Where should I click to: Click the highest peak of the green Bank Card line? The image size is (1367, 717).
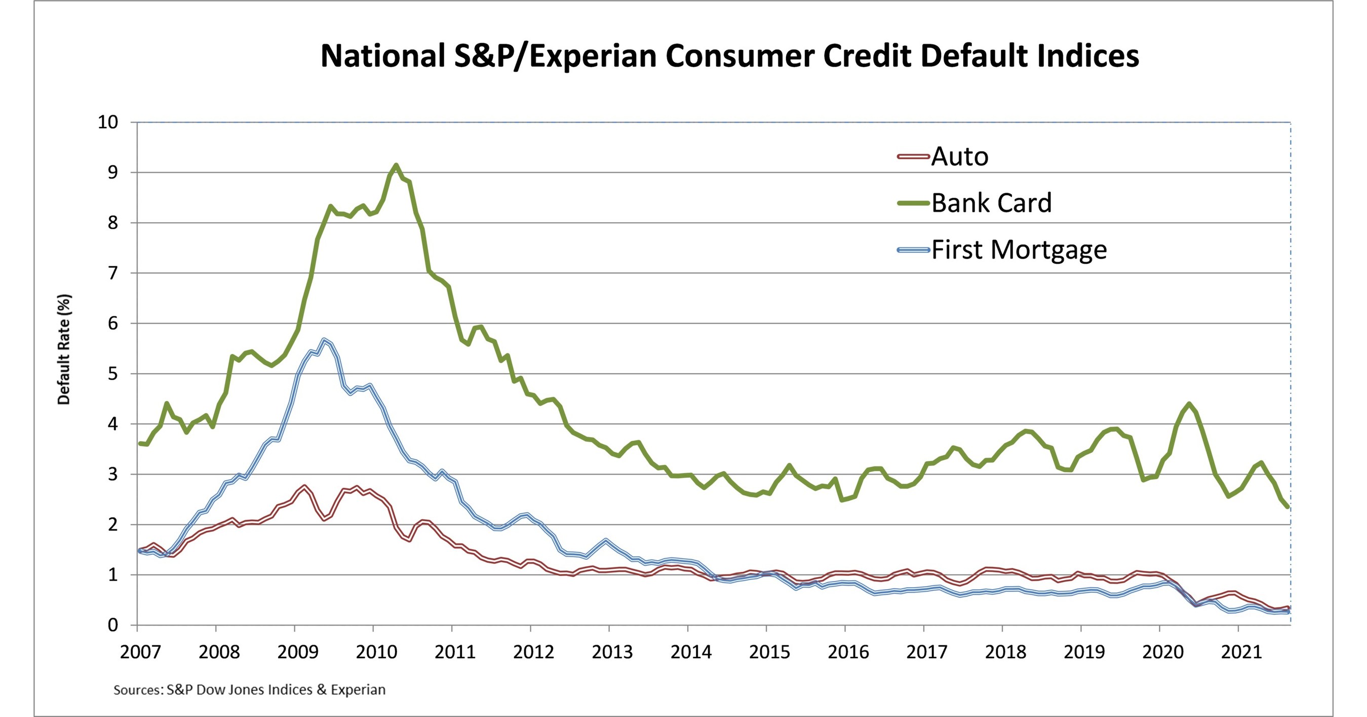tap(396, 165)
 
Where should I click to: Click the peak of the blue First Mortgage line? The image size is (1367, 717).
tap(324, 340)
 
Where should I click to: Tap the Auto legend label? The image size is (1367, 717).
tap(959, 157)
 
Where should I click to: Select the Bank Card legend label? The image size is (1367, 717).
tap(991, 203)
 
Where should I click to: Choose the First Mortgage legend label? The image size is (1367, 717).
tap(1019, 249)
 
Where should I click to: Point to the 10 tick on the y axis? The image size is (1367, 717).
tap(108, 123)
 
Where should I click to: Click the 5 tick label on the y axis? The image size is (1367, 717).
tap(112, 374)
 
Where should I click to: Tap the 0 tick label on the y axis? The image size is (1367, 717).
tap(112, 625)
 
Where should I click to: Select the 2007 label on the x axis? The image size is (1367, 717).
tap(140, 652)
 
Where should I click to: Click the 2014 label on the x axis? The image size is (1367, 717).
tap(690, 652)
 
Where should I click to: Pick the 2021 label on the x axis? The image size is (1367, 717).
tap(1241, 652)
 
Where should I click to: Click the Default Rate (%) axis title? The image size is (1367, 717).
tap(64, 349)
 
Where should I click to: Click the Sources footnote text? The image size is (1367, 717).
tap(249, 690)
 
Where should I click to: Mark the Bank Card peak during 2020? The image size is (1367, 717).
tap(1189, 404)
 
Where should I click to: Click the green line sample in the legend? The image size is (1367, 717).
tap(913, 203)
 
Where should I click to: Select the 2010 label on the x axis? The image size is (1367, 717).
tap(376, 652)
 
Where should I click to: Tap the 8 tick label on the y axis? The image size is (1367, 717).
tap(112, 223)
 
